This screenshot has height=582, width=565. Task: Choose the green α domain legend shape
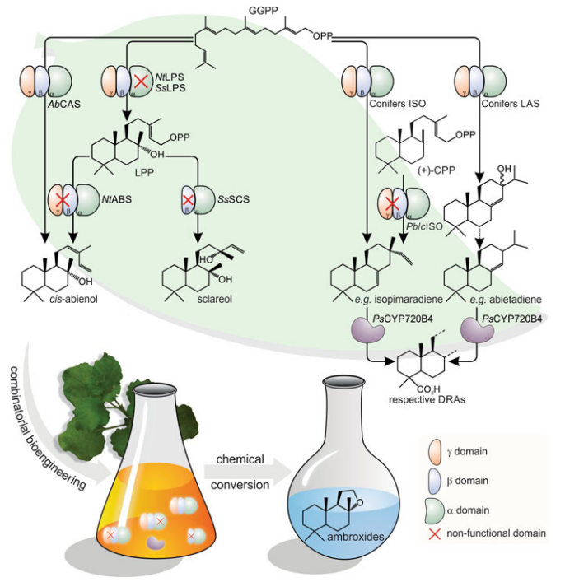pos(430,506)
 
